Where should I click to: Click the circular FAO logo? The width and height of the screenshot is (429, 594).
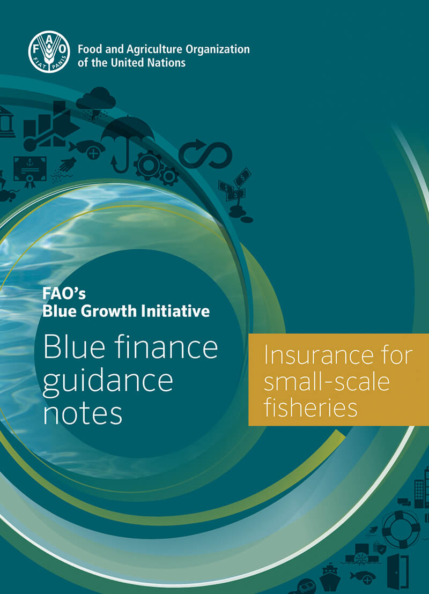[x=49, y=52]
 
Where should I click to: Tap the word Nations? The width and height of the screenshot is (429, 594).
[x=166, y=63]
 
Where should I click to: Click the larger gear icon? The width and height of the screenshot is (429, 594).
[x=149, y=165]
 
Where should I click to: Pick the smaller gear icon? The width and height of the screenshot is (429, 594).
[x=169, y=176]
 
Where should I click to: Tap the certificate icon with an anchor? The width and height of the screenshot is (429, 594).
[x=30, y=172]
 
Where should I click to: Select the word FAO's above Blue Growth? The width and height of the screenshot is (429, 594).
[x=64, y=294]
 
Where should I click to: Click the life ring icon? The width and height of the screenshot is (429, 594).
[x=401, y=529]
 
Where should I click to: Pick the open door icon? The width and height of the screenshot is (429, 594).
[x=398, y=571]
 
